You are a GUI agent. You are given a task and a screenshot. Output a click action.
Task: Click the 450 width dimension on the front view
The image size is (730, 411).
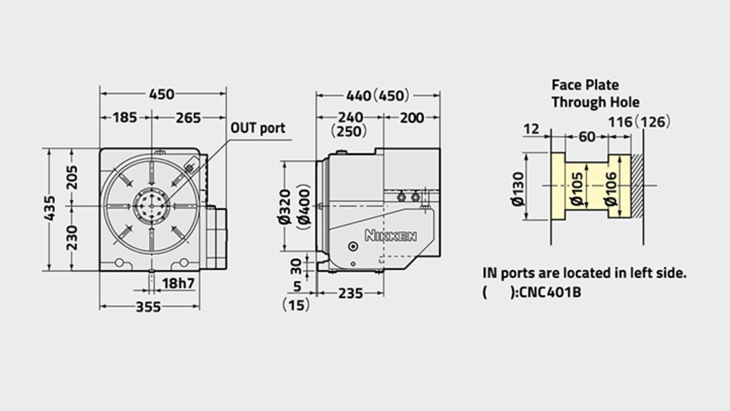point(162,94)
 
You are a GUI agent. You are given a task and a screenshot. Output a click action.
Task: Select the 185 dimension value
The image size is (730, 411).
point(125,117)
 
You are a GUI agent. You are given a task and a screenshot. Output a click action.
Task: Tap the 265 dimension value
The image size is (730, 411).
point(188,118)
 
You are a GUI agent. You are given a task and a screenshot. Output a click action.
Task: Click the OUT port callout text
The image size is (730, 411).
point(257,128)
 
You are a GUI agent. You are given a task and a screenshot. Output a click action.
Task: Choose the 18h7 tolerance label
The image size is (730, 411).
point(178,283)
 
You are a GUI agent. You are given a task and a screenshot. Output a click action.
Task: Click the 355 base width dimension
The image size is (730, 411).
point(148,307)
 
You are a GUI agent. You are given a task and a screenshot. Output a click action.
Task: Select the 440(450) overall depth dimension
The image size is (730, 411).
point(377,95)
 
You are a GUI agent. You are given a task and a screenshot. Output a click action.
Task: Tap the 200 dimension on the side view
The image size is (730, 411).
point(412,118)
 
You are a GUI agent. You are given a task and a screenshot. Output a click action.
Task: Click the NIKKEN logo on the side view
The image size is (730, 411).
point(391,236)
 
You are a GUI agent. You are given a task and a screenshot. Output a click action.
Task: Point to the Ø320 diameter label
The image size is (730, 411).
point(285,206)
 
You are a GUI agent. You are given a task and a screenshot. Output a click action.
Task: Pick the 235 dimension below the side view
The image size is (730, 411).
point(350,293)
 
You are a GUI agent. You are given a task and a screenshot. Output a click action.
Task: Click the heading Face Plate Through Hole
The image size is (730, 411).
point(595,93)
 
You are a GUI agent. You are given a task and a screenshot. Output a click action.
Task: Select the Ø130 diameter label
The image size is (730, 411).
point(518,189)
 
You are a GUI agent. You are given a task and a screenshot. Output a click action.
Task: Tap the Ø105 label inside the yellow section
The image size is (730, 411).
point(577,188)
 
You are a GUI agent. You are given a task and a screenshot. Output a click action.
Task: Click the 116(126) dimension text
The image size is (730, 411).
point(639,122)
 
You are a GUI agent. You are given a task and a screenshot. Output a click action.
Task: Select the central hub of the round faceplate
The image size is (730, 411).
point(151,206)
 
